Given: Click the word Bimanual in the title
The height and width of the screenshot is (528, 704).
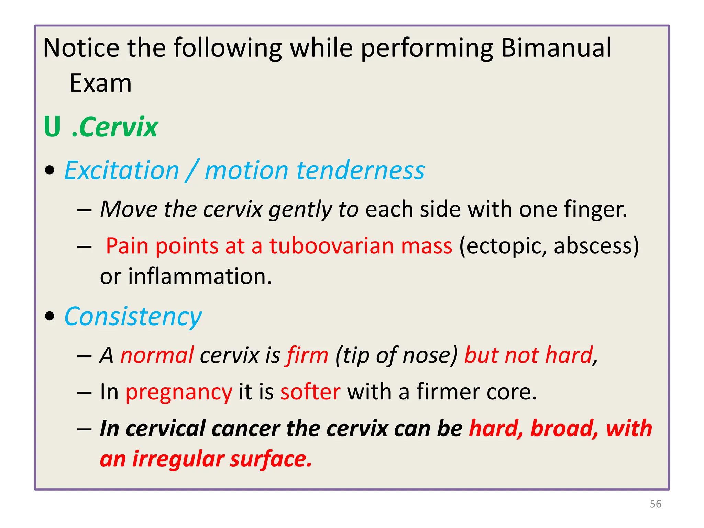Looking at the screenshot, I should coord(556,47).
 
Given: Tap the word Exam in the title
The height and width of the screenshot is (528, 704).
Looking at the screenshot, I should coord(100,83).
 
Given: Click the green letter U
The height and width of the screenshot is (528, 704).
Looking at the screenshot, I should coord(53,127).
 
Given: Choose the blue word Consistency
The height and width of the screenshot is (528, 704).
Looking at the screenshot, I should coord(133,317).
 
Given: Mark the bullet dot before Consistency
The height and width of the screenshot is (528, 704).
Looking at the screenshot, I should coord(50,316).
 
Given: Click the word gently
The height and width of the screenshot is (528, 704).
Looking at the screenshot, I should coord(300,209).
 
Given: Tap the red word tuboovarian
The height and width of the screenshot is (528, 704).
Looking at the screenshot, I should coord(331,246).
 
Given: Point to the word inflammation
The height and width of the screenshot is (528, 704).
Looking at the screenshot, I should coord(200,276).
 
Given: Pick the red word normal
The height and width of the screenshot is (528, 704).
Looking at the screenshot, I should coord(157,355).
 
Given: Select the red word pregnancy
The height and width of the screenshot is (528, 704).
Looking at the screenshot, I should coord(179,392).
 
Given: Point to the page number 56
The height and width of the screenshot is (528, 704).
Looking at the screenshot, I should coord(656,504).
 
